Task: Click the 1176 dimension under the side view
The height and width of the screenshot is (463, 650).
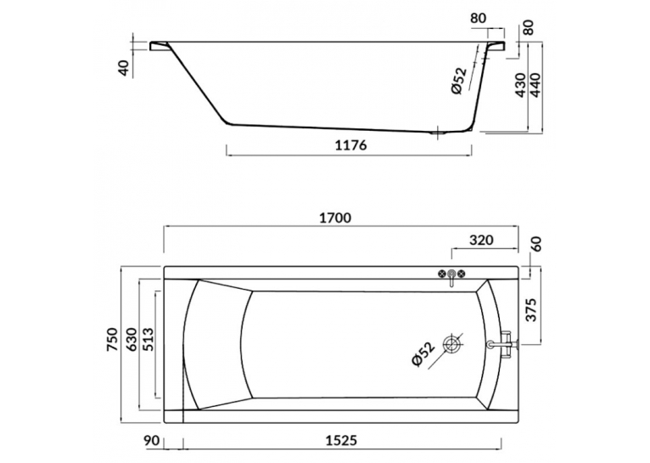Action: (350, 145)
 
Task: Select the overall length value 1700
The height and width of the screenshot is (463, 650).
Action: (335, 217)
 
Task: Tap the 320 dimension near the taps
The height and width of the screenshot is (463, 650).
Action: (482, 240)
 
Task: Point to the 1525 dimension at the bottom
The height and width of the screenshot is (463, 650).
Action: (340, 440)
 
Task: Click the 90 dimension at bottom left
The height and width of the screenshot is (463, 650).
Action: (152, 440)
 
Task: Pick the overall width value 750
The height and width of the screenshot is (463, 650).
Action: (113, 340)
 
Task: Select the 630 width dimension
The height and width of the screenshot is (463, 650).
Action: (131, 340)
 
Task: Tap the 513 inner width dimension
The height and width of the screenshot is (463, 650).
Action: (148, 340)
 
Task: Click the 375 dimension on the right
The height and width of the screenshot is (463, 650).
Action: (531, 309)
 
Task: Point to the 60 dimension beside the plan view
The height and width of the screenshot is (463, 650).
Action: (536, 245)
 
